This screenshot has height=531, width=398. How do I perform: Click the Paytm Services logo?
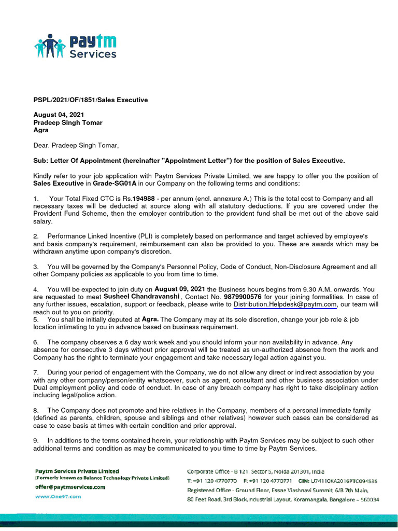click(x=76, y=47)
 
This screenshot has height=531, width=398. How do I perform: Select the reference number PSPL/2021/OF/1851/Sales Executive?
click(x=91, y=100)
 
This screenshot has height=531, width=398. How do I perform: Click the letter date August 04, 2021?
click(x=59, y=115)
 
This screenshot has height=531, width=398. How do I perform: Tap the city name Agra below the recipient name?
click(x=41, y=130)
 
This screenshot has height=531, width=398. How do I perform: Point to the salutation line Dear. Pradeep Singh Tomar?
click(x=76, y=145)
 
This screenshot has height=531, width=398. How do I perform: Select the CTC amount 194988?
click(x=144, y=199)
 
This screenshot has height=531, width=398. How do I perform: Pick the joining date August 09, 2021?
click(x=179, y=289)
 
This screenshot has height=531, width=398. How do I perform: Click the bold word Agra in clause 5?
click(x=150, y=319)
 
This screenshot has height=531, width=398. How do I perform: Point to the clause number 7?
click(x=36, y=372)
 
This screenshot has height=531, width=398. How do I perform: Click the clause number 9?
click(x=36, y=441)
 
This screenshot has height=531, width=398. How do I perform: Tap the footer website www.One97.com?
click(x=58, y=496)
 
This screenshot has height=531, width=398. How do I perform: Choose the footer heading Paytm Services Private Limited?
click(x=77, y=471)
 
